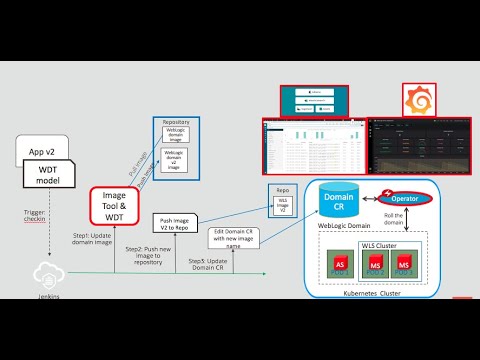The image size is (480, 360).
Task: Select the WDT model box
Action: [x=58, y=178]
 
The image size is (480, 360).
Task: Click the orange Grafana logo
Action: [x=416, y=101]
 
